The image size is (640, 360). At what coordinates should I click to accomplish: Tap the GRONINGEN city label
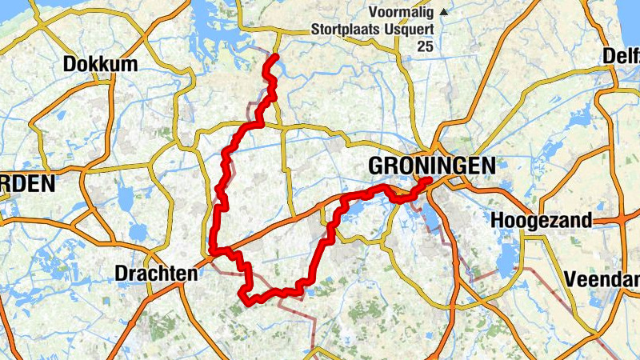432,166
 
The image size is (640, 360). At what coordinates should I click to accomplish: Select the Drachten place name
156,274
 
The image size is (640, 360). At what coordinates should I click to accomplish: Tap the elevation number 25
425,47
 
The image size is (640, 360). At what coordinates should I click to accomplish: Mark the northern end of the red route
274,57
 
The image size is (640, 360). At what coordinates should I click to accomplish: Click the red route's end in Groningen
429,180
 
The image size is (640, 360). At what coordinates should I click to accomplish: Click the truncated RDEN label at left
27,184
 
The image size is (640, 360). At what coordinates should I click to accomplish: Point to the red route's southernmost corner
242,298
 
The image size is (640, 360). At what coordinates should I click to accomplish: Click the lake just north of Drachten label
138,233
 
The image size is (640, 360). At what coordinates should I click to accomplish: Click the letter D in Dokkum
69,64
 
